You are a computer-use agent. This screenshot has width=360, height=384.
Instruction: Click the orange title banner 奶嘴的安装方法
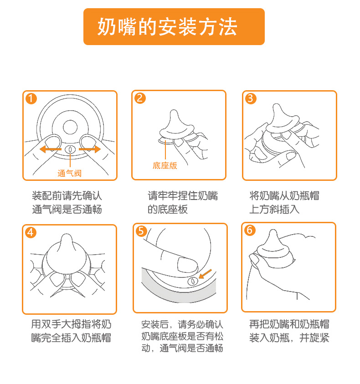tap(174, 27)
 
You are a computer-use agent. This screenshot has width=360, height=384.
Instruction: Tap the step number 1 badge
tap(31, 99)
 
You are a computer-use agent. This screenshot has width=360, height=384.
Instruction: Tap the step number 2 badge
tap(140, 98)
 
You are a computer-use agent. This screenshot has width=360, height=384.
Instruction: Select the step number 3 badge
tap(251, 98)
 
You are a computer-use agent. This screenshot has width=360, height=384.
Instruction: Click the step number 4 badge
tap(31, 232)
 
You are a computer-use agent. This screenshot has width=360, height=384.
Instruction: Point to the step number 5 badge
tap(141, 231)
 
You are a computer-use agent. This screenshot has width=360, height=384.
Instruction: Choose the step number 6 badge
tap(250, 230)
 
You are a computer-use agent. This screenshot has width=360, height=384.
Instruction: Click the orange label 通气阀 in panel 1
tap(69, 174)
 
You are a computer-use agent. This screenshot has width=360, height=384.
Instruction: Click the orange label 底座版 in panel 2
tap(165, 166)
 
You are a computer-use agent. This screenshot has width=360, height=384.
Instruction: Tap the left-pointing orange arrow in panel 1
tap(51, 149)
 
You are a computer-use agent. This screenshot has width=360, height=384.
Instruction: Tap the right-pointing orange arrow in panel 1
tap(90, 149)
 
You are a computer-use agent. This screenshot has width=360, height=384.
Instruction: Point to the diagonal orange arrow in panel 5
tap(205, 274)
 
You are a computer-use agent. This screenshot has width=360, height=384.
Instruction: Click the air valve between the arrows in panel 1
tap(70, 149)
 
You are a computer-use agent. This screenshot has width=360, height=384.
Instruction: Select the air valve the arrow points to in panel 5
tap(193, 282)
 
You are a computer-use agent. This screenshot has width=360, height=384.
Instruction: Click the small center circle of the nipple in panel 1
tap(70, 127)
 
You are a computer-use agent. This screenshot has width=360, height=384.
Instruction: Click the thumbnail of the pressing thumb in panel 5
tap(187, 265)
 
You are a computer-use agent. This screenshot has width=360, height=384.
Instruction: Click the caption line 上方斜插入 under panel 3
tap(274, 210)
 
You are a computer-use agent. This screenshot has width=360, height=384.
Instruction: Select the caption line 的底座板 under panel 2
tap(168, 210)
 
